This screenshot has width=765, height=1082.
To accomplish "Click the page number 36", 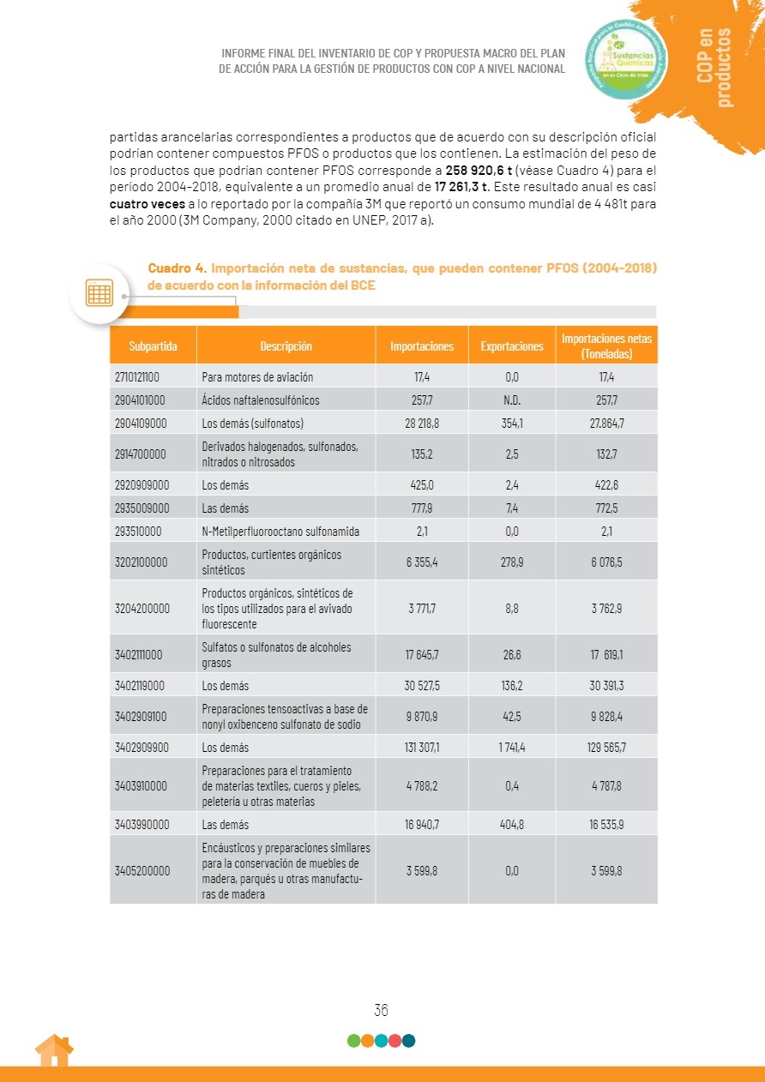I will [x=382, y=1010].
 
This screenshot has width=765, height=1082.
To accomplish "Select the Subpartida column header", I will [x=154, y=346].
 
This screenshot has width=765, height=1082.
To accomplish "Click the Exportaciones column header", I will [x=512, y=346].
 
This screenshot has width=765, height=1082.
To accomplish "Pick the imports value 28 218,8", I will [x=422, y=423].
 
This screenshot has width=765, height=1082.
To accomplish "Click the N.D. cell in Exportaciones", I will [x=512, y=400].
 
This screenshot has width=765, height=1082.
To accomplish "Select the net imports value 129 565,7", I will [x=606, y=747].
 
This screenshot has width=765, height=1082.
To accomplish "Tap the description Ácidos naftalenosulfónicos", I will [x=260, y=400].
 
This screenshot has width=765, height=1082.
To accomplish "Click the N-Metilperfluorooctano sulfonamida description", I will [x=280, y=532].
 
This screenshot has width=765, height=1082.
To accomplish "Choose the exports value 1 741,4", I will [x=512, y=747].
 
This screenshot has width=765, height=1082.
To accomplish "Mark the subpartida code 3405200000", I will [x=142, y=870].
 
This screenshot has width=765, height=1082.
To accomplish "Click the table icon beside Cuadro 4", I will [x=99, y=293].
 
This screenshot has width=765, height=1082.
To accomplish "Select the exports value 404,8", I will [x=512, y=824].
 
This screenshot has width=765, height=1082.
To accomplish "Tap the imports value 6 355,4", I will [x=422, y=562].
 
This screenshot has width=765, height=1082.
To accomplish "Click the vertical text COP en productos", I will [x=714, y=67].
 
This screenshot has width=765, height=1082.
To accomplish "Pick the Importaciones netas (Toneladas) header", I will [x=606, y=346].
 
